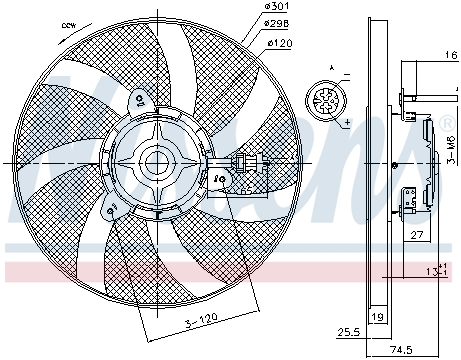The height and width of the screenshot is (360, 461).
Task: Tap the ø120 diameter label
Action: tap(279, 45)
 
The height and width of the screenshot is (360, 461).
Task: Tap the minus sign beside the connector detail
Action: tap(346, 75)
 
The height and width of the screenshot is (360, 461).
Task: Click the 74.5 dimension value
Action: tap(400, 351)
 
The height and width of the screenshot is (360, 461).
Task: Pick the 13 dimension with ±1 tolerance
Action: tap(432, 272)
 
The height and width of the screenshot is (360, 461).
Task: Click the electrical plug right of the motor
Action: tap(244, 164)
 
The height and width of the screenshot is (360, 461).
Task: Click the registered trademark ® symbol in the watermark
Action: tap(445, 124)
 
